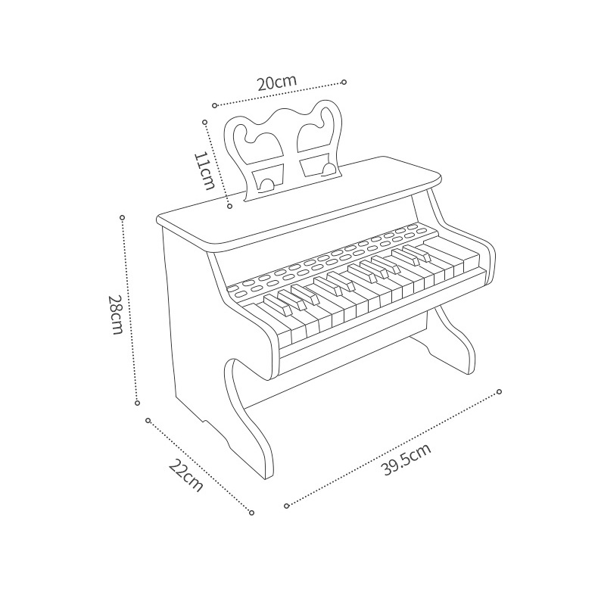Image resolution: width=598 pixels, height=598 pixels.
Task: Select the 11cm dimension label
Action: point(204,170)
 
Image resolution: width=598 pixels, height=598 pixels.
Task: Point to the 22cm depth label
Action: point(185,475)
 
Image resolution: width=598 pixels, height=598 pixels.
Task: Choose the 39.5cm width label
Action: point(406,459)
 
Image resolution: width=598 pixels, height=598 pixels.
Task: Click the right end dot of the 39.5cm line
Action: point(500,391)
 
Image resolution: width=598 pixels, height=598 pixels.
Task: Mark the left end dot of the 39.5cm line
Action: point(286,505)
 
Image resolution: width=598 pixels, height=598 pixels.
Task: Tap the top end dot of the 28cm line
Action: point(123,217)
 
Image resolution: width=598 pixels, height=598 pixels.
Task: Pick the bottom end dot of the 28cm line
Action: point(137,403)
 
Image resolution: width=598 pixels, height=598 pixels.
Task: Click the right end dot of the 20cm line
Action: point(344,81)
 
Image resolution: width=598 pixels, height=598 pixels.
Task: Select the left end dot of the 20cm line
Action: point(214,105)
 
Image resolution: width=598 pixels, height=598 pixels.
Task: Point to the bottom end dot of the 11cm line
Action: point(230,205)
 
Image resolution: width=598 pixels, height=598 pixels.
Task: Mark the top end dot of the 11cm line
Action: point(204,121)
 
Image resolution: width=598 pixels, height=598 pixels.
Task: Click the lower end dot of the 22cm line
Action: point(251,512)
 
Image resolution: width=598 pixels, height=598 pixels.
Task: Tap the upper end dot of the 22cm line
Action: point(148,420)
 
